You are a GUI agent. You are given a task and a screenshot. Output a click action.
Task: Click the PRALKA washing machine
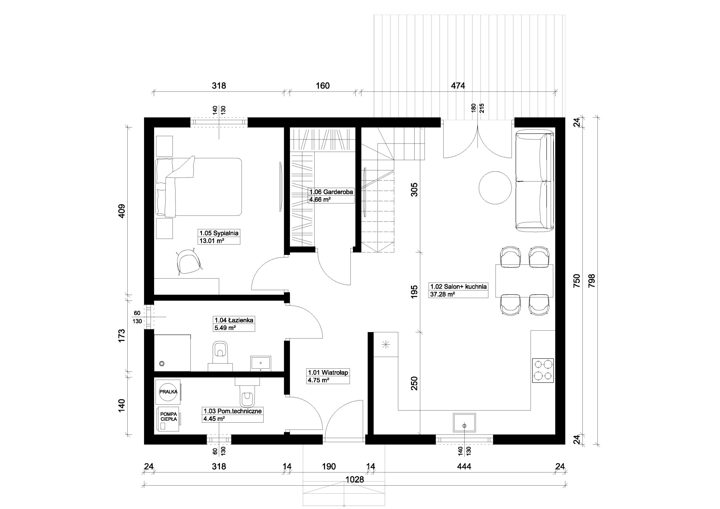pyautogui.click(x=168, y=392)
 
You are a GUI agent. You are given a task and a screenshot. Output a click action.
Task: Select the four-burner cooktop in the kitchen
pyautogui.click(x=543, y=370)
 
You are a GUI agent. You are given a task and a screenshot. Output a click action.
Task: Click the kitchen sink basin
pyautogui.click(x=464, y=422)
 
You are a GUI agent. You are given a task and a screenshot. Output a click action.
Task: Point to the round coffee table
pyautogui.click(x=495, y=188)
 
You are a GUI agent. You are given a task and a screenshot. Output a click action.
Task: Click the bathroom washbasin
pyautogui.click(x=261, y=363)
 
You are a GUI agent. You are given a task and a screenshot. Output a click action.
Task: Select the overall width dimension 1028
pyautogui.click(x=355, y=479)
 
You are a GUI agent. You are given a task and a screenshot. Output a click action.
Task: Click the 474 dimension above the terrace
pyautogui.click(x=458, y=85)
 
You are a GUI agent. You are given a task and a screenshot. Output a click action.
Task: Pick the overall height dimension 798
pyautogui.click(x=592, y=281)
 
